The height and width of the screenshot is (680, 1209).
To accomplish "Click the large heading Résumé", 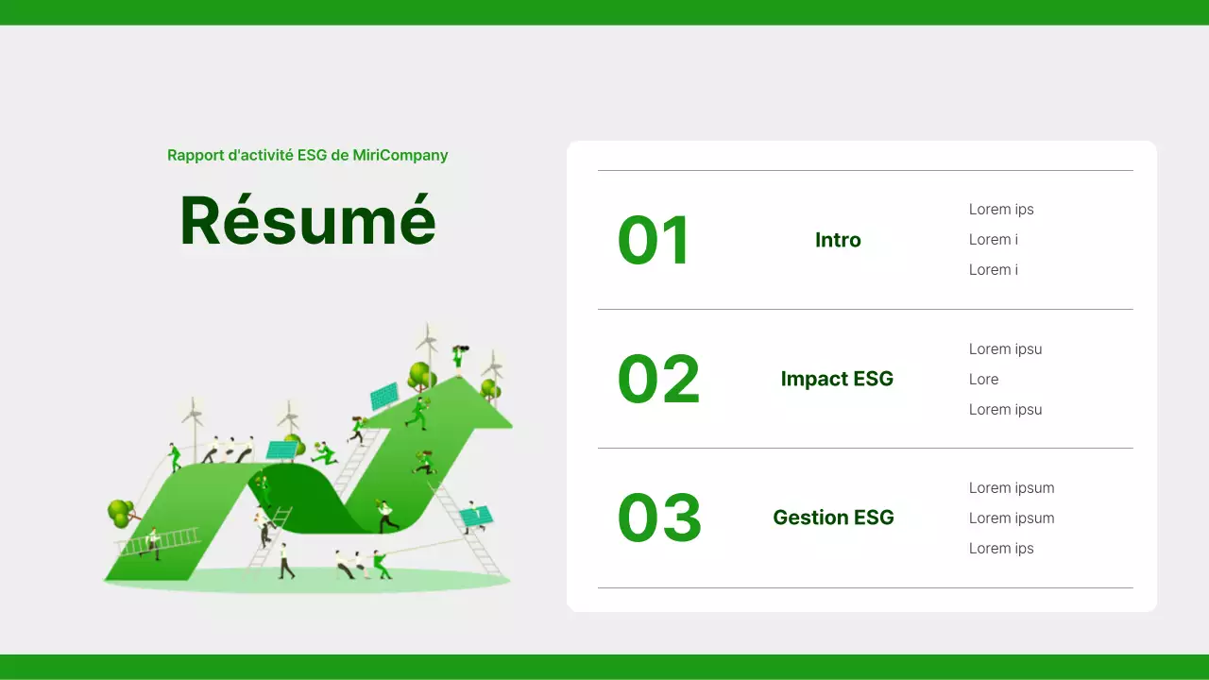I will click(x=308, y=221).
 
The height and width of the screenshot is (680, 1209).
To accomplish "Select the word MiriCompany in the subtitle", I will click(x=400, y=155).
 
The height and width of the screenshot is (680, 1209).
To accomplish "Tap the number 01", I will click(x=654, y=240).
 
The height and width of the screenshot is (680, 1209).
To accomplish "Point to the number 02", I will click(x=658, y=379).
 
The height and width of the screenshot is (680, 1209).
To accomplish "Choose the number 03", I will click(x=659, y=518).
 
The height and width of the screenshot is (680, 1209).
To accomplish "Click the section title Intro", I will click(x=838, y=240).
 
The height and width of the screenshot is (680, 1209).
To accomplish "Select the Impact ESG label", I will click(x=837, y=379).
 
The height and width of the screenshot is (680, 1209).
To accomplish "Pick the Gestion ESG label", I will click(x=833, y=518).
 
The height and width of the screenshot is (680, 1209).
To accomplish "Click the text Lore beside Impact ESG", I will click(x=983, y=379).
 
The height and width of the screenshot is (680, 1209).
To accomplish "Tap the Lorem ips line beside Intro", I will click(x=1001, y=210).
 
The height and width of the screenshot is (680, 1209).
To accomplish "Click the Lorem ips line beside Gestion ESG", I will click(x=1001, y=549).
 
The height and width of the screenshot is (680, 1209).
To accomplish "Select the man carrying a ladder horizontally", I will click(x=153, y=543).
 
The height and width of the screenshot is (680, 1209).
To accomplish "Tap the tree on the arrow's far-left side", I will click(x=120, y=513).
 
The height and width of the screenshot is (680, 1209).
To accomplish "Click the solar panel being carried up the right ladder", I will click(x=476, y=516).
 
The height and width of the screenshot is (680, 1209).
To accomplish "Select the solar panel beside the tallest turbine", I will click(x=383, y=396).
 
